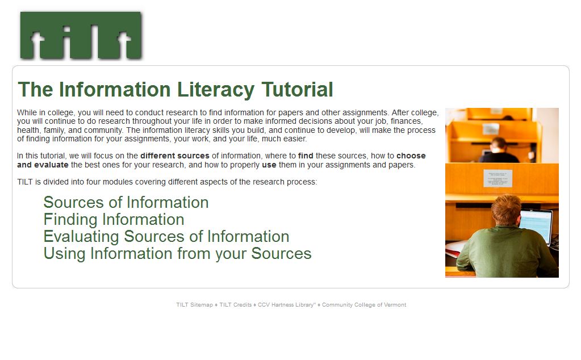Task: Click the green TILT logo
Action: pos(81,36)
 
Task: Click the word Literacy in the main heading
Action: pos(216,90)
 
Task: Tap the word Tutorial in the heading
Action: pos(297,90)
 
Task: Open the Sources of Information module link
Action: pos(126,203)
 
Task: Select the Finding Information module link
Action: pos(114,220)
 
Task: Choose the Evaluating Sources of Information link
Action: pos(166,237)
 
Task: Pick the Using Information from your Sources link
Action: pos(178,254)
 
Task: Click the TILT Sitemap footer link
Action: pos(195,305)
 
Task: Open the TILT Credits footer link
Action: pos(235,305)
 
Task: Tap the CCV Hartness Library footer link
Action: pos(286,305)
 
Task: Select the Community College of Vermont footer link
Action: pos(364,305)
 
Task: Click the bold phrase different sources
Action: pos(175,156)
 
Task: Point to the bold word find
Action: pos(306,156)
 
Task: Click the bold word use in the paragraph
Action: pos(269,165)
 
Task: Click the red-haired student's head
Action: pos(506,210)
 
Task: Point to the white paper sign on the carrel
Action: pos(498,178)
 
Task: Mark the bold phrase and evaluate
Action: pos(43,165)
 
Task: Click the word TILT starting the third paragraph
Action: pos(25,182)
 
